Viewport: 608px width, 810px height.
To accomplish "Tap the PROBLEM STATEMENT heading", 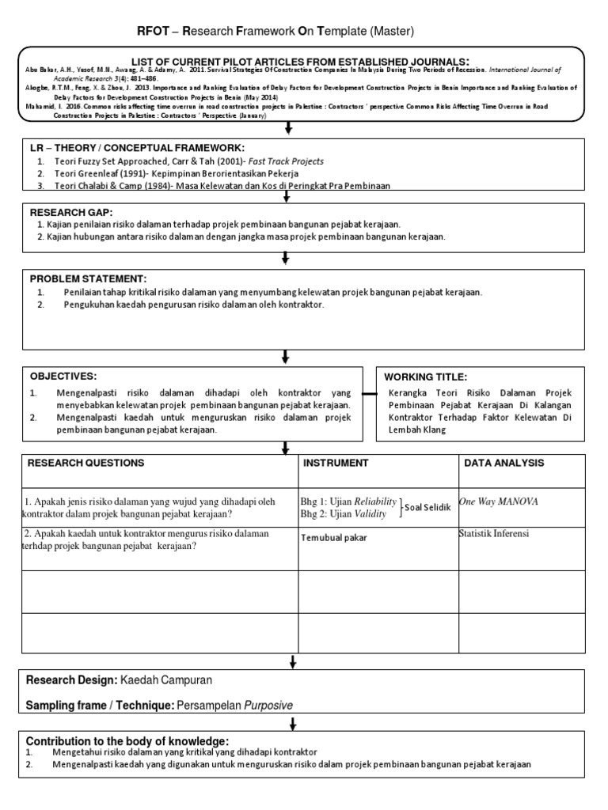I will (88, 279).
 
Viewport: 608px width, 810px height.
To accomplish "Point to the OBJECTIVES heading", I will (63, 376).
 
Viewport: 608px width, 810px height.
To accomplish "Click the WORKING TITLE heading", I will (426, 377).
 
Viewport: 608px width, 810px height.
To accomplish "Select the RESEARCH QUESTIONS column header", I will (86, 463).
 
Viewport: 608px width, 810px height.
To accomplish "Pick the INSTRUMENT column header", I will (336, 463).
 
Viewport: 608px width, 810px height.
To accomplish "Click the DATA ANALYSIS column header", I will (504, 463).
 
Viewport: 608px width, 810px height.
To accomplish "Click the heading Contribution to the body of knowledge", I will (127, 740).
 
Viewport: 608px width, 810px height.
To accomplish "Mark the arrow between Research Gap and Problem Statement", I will (287, 258).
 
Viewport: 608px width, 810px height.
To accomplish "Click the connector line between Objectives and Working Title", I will (370, 393).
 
